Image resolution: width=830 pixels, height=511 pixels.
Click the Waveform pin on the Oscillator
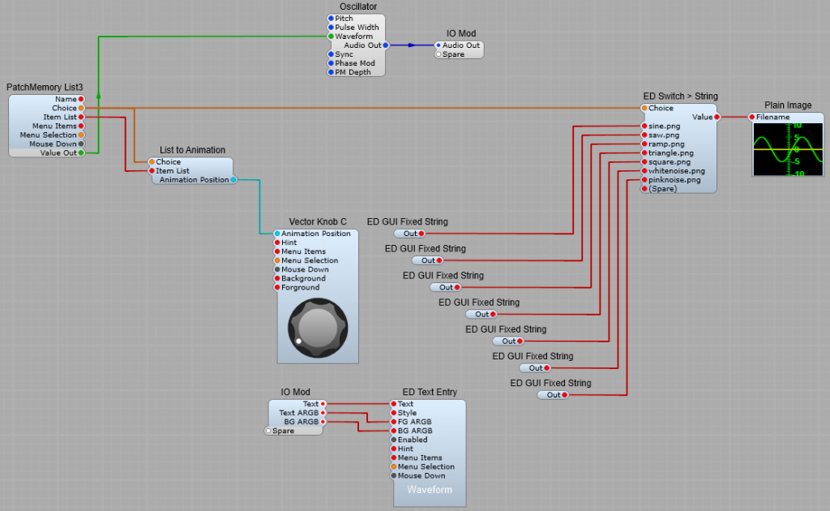(x=331, y=36)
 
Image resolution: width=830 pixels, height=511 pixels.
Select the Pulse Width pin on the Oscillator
(x=331, y=28)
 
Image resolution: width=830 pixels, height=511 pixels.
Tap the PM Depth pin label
(x=353, y=72)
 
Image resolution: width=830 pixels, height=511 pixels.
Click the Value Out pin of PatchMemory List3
(x=81, y=152)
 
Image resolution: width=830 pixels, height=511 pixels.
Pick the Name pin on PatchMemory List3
(x=81, y=99)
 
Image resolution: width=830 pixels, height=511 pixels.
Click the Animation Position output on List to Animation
(x=233, y=180)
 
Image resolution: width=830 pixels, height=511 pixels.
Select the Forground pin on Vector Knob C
(x=277, y=287)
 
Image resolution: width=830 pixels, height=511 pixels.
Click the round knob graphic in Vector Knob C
(x=318, y=328)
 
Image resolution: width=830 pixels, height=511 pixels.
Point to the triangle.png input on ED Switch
(x=644, y=152)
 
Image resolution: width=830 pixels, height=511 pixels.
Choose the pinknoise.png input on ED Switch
(x=644, y=179)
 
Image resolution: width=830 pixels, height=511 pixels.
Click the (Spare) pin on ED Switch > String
(x=644, y=188)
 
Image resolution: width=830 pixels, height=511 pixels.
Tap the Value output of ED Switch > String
(x=717, y=117)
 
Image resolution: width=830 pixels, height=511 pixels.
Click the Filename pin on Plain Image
(x=752, y=117)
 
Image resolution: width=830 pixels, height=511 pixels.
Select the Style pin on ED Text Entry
(x=394, y=413)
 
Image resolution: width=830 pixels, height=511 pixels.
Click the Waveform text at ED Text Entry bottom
(x=430, y=491)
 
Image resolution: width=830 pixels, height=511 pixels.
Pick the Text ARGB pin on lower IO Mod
(x=323, y=413)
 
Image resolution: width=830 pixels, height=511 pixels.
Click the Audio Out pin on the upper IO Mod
(x=439, y=45)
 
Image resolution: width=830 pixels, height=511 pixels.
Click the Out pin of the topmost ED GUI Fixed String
(x=421, y=234)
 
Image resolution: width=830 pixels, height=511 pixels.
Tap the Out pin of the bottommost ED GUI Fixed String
(x=564, y=395)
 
